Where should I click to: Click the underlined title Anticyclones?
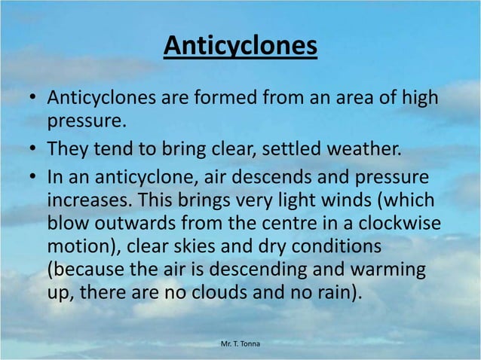coord(240,47)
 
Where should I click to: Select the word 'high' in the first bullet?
coord(420,99)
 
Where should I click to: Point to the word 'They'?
coord(68,145)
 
